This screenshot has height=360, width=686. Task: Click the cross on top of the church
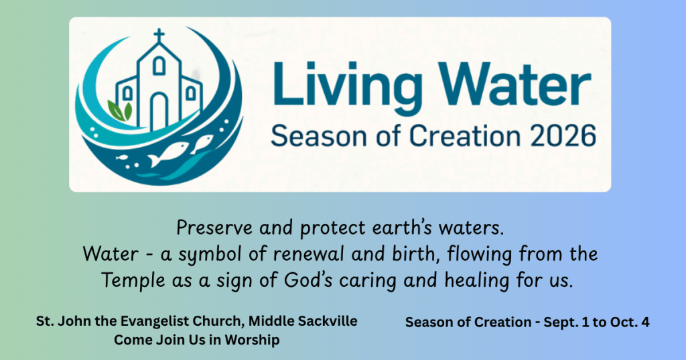coord(159,36)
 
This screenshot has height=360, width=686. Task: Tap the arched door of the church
coord(159,111)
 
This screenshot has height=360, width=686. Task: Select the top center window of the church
coord(159,66)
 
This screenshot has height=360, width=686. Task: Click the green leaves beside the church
coord(119,111)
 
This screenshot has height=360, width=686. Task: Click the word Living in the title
coord(348,85)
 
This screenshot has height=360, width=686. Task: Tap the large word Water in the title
coord(515,82)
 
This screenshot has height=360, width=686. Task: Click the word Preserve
coord(214,228)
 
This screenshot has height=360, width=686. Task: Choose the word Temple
coord(133,281)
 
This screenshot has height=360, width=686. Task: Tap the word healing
coord(477,281)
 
